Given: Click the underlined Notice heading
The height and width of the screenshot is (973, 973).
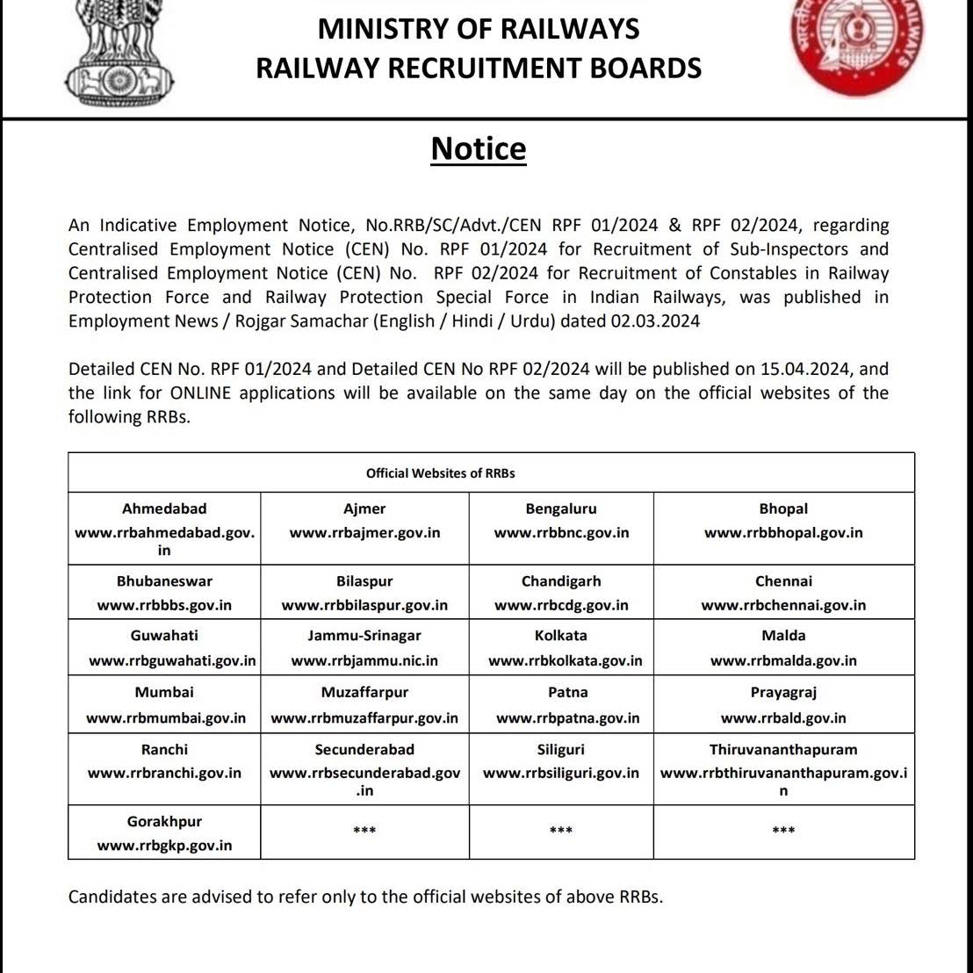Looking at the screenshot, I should [x=479, y=149].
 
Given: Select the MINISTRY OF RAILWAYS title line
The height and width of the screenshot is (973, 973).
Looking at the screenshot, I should [x=479, y=29].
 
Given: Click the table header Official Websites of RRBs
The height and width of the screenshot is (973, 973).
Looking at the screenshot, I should [x=440, y=473].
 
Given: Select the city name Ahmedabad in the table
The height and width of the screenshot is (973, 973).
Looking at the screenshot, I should [x=164, y=509].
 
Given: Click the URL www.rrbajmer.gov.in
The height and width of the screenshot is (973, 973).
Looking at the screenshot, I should [x=364, y=533].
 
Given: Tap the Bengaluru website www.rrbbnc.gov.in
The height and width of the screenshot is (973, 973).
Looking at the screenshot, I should [x=561, y=533].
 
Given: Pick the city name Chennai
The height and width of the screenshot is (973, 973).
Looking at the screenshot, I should [x=783, y=581].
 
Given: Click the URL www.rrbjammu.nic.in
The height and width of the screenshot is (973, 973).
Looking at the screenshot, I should [x=364, y=661].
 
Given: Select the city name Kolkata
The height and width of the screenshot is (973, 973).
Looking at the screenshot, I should [x=561, y=636].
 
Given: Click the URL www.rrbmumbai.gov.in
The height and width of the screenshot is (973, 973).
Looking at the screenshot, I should [x=166, y=718].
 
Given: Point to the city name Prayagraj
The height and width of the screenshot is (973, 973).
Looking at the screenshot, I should [x=783, y=693].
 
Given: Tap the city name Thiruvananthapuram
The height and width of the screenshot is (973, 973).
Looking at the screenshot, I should [x=783, y=750].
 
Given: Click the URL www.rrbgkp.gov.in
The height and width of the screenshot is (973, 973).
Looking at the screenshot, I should [x=164, y=846].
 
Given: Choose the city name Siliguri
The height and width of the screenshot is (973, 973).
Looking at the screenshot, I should [x=561, y=750].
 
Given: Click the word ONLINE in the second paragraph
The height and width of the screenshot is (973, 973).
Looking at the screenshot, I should [x=201, y=393].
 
